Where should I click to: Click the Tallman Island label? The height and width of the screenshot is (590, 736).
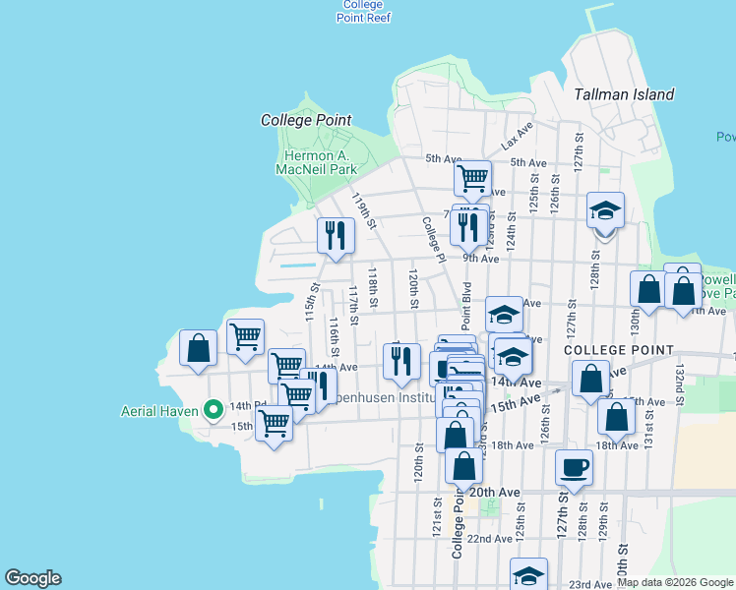(624, 94)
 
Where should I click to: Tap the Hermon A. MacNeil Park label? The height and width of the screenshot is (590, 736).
(321, 162)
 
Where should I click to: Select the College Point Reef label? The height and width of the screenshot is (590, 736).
(363, 11)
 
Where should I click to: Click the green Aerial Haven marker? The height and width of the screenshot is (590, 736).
(212, 410)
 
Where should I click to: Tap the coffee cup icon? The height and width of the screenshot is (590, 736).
(574, 467)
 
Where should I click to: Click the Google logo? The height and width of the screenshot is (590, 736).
(32, 578)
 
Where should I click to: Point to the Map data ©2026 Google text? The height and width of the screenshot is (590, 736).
(674, 582)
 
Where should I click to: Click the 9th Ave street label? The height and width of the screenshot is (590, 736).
(481, 259)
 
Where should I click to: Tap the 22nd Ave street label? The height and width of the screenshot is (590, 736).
(489, 539)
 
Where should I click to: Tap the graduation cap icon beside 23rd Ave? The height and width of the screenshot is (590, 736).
(528, 574)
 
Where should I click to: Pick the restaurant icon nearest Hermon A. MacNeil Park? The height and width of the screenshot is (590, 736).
(336, 236)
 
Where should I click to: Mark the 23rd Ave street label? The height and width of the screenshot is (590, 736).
(590, 583)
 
